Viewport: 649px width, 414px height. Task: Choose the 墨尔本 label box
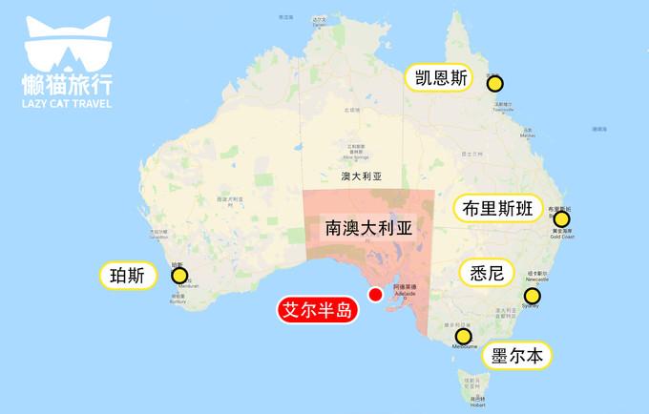[519, 356]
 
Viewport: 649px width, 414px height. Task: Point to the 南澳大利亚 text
[366, 228]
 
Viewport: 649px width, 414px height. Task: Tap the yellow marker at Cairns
[494, 83]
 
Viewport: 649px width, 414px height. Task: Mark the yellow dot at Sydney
[532, 297]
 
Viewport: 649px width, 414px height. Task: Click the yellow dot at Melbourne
[464, 337]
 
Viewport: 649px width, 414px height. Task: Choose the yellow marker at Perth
[178, 276]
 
